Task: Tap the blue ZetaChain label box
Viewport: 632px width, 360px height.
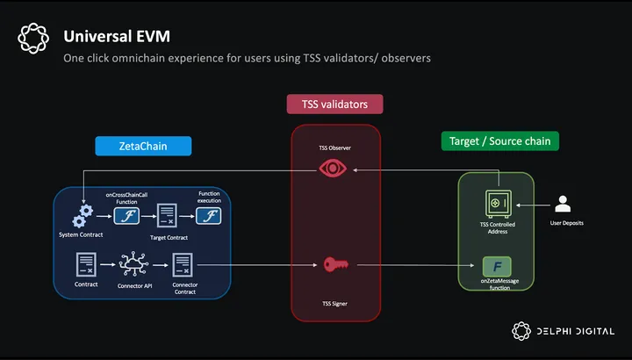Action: [x=131, y=145]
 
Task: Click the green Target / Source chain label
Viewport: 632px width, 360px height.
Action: [x=499, y=140]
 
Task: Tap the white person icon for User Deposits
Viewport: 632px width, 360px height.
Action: [x=564, y=205]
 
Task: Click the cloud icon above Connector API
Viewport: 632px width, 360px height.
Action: [x=135, y=263]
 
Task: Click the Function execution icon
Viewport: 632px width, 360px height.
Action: [x=209, y=215]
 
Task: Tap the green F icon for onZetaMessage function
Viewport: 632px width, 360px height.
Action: [x=496, y=265]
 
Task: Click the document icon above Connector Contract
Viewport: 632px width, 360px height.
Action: [x=183, y=263]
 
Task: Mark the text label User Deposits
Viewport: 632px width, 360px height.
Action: [x=567, y=223]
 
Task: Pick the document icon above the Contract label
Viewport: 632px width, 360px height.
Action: [x=86, y=263]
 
